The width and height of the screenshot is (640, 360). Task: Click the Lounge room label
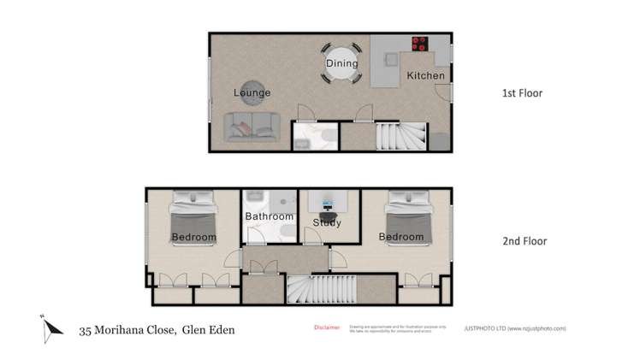[252, 92]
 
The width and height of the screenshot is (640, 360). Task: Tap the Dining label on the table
[341, 63]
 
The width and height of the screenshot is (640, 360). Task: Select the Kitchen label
[425, 76]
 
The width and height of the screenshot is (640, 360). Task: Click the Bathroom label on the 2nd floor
[270, 216]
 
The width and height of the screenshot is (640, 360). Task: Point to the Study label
[327, 223]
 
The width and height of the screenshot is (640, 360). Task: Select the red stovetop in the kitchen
[421, 44]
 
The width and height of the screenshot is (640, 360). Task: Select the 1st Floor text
[521, 93]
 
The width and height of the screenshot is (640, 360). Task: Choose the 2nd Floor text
[523, 241]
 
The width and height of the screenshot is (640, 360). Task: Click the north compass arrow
[52, 327]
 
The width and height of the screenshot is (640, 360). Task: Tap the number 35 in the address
[86, 329]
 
